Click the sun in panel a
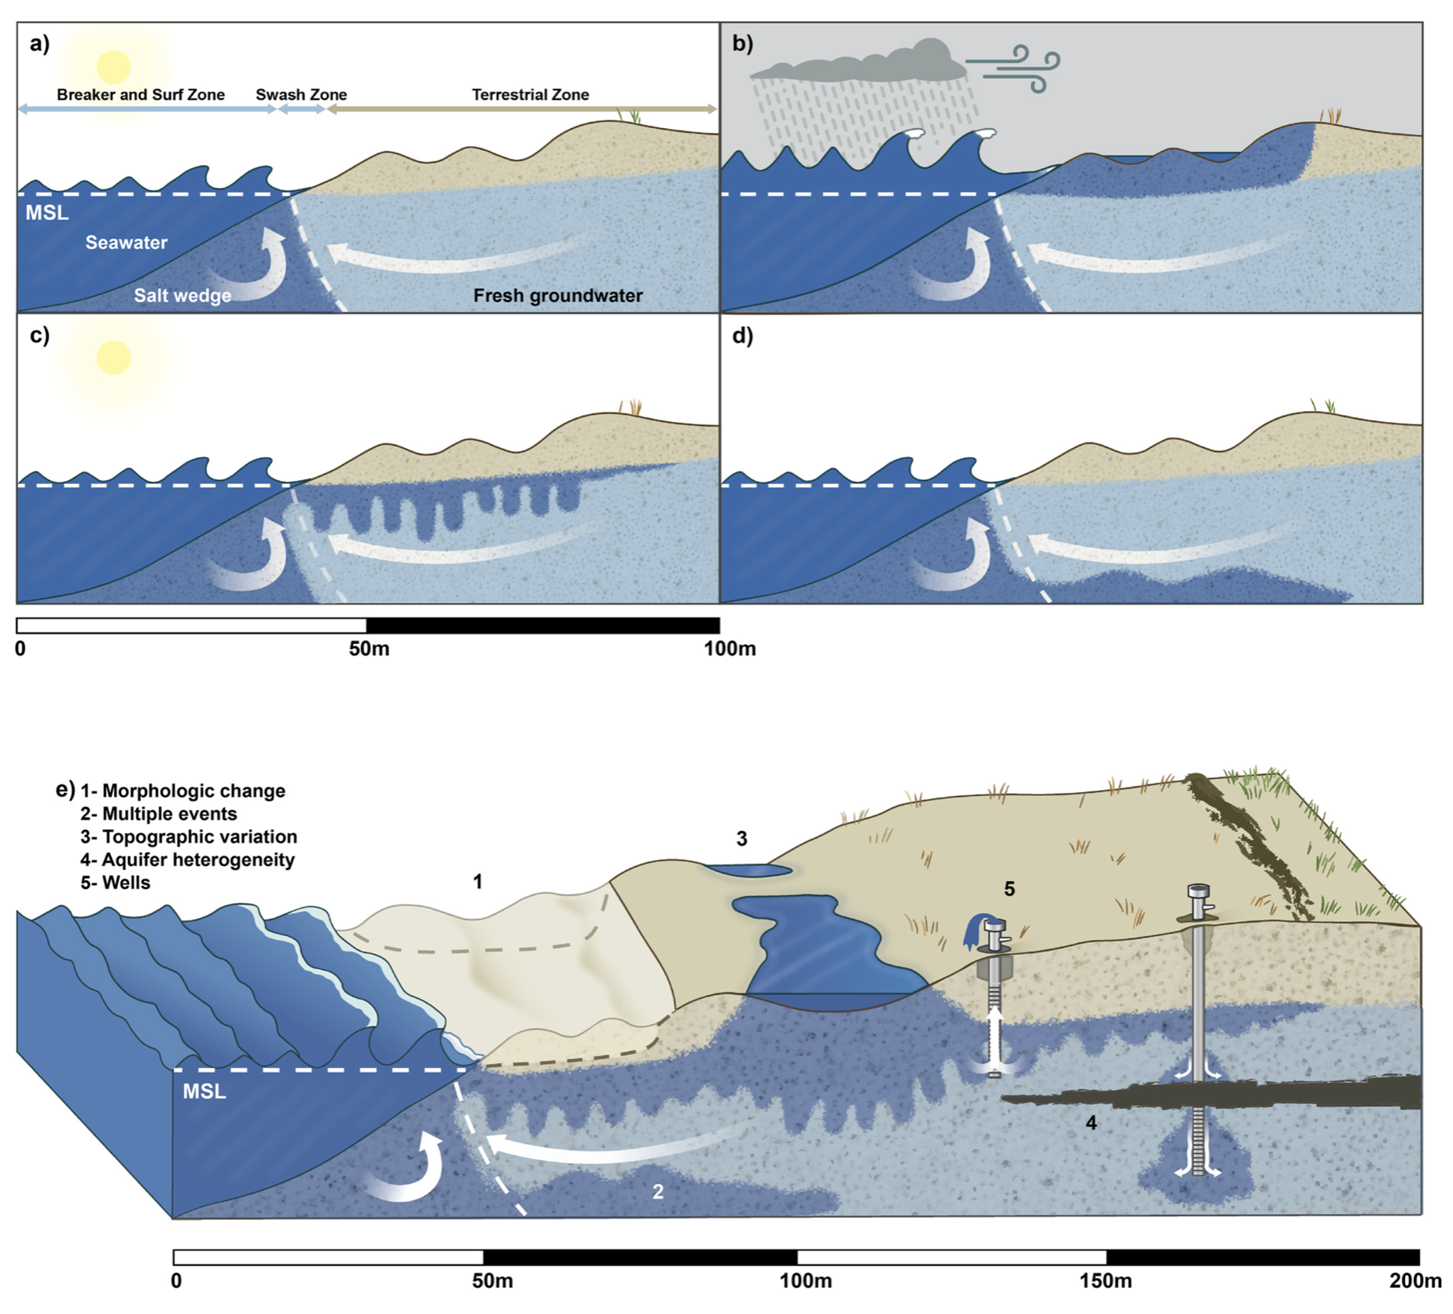pos(113,68)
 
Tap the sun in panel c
pos(113,358)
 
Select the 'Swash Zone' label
pos(301,95)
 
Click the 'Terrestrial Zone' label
pos(530,95)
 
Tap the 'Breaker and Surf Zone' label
pos(141,95)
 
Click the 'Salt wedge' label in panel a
pos(182,295)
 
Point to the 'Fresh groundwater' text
pos(557,295)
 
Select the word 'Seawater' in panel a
pos(126,243)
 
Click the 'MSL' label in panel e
pos(204,1091)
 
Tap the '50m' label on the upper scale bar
pos(369,649)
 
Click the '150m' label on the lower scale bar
pos(1105,1281)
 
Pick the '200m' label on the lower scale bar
pos(1414,1281)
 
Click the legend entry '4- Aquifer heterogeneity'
pos(188,860)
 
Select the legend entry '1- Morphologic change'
pos(183,791)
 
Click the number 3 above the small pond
pos(741,839)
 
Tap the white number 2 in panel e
pos(658,1191)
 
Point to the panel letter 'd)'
pos(742,336)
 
